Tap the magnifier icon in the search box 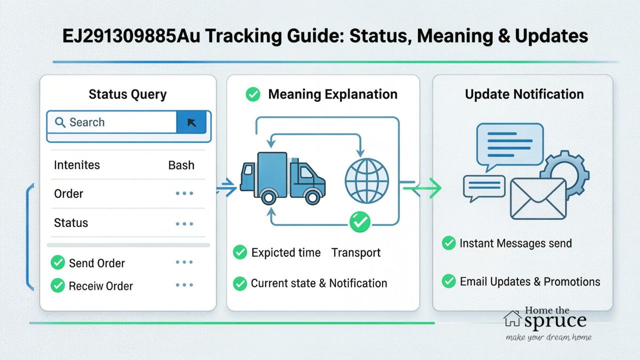click(60, 122)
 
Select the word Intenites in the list click(76, 165)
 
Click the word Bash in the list click(181, 165)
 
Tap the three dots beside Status click(184, 223)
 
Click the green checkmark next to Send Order click(58, 262)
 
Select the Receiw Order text click(100, 286)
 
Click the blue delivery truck click(282, 177)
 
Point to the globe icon click(366, 180)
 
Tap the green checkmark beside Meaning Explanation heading click(253, 94)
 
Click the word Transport click(356, 253)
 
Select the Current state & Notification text click(319, 283)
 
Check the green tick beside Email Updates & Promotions click(448, 281)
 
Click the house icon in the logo click(512, 317)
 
